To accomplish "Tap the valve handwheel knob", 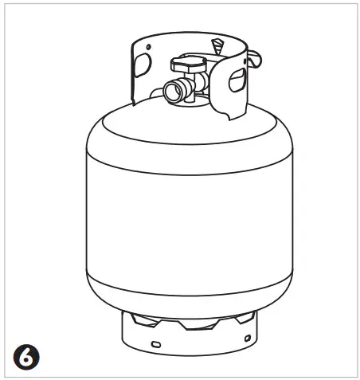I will [190, 61].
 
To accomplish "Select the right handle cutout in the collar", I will [237, 77].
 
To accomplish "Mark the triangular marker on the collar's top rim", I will [216, 42].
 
